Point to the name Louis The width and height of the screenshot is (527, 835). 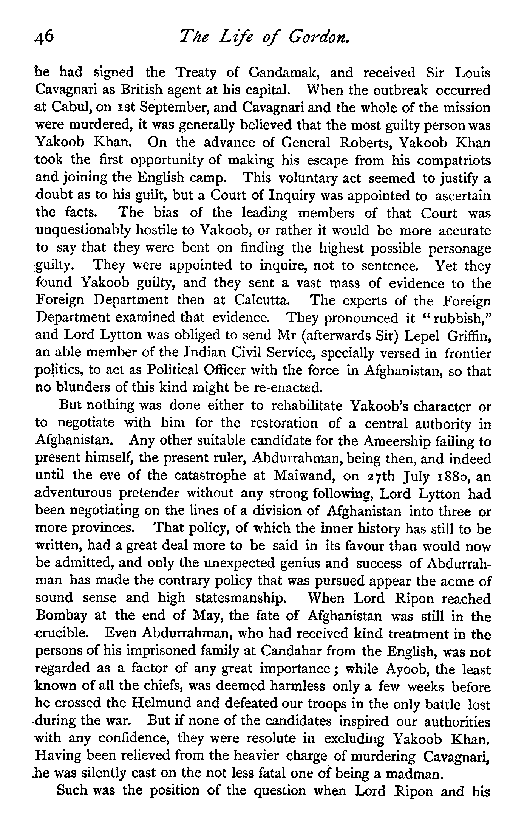[x=473, y=72]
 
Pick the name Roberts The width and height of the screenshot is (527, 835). [x=365, y=143]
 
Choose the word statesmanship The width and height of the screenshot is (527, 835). [x=240, y=598]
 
